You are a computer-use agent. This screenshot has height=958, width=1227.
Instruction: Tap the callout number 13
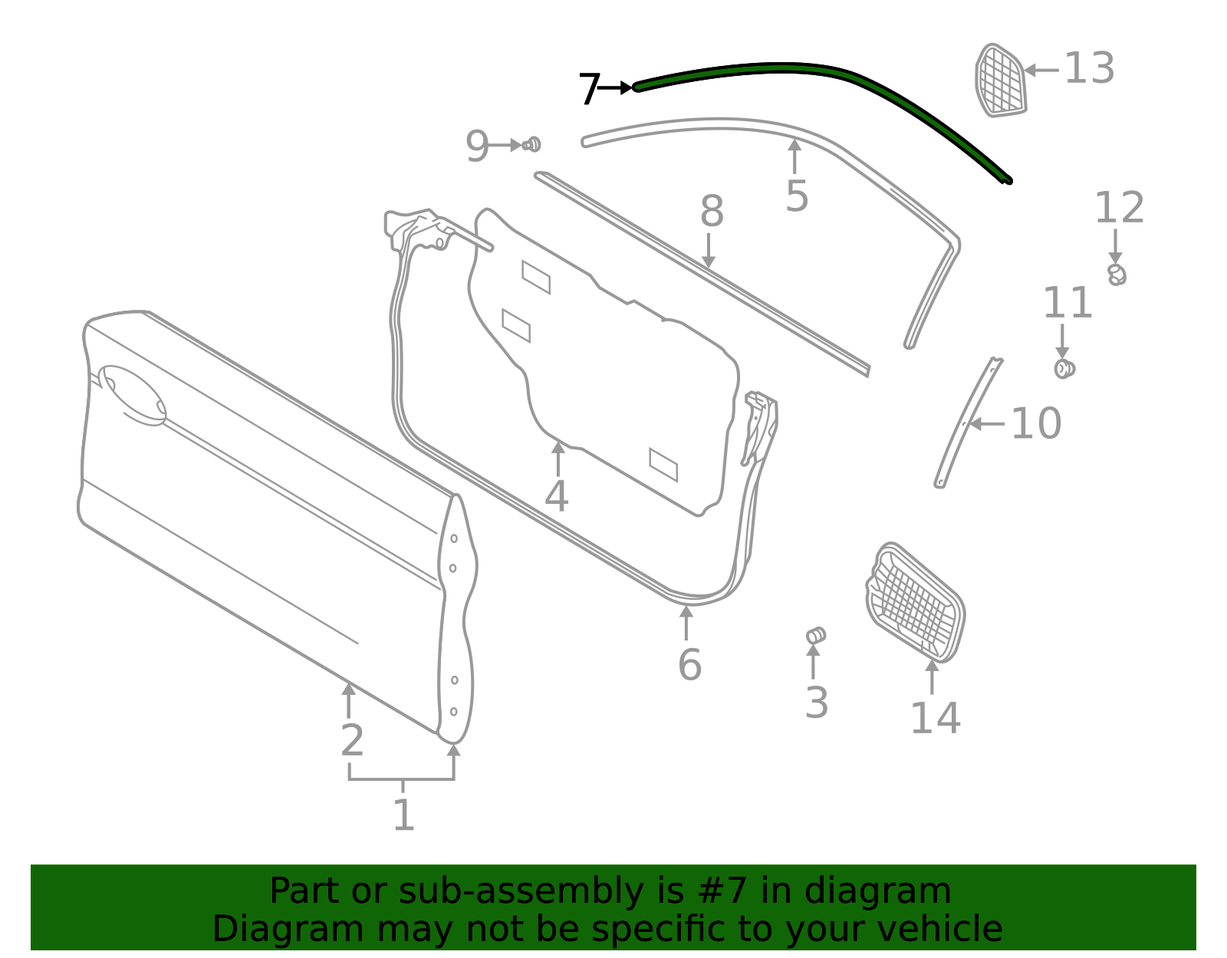pyautogui.click(x=1089, y=68)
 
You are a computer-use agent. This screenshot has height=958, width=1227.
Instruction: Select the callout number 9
pyautogui.click(x=477, y=146)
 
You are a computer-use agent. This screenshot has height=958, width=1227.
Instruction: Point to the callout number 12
pyautogui.click(x=1119, y=208)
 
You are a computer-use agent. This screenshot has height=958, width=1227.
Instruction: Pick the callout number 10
pyautogui.click(x=1036, y=423)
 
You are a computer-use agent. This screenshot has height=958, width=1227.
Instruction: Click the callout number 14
pyautogui.click(x=935, y=718)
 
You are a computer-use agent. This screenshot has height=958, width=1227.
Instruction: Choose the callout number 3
pyautogui.click(x=817, y=703)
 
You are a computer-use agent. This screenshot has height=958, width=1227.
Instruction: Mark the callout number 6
pyautogui.click(x=689, y=664)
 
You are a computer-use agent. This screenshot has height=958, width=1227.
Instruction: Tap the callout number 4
pyautogui.click(x=556, y=496)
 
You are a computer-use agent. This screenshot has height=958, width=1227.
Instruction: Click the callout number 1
pyautogui.click(x=403, y=815)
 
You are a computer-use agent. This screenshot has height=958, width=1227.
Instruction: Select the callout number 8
pyautogui.click(x=712, y=211)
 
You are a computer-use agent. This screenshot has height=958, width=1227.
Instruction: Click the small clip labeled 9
pyautogui.click(x=531, y=144)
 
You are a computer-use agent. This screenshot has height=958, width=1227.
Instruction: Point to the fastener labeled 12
pyautogui.click(x=1117, y=274)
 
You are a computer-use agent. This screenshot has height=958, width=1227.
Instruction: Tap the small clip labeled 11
pyautogui.click(x=1064, y=369)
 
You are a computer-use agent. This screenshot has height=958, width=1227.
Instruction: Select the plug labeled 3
pyautogui.click(x=816, y=636)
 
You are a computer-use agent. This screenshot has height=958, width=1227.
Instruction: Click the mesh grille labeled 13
pyautogui.click(x=1000, y=81)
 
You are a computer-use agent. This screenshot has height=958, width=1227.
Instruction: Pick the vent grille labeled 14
pyautogui.click(x=916, y=603)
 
